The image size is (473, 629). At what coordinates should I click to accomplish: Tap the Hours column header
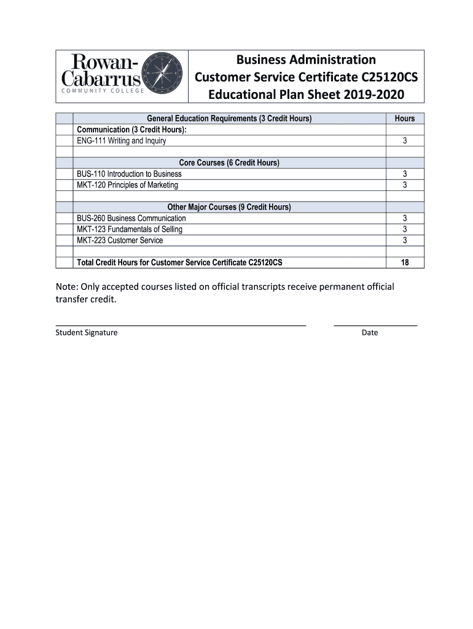point(405,119)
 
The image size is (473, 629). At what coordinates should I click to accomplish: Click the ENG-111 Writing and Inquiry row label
point(121,141)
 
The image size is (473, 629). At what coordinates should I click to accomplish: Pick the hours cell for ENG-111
point(405,141)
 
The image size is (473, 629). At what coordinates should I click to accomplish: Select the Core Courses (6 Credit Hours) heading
point(229,163)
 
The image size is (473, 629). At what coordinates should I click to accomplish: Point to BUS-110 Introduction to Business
point(129,174)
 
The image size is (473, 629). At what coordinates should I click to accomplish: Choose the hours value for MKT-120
point(405,185)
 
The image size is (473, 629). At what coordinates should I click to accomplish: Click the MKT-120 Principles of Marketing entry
point(127,185)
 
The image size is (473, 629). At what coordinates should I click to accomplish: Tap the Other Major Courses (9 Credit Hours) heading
point(229,207)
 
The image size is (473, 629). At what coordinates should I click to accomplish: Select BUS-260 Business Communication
point(131,218)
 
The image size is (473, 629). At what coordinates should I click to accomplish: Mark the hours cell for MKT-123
point(405,229)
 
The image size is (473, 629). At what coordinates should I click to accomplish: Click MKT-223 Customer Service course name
point(120,240)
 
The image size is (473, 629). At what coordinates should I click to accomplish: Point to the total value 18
point(405,263)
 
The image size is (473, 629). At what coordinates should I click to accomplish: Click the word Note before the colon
point(66,287)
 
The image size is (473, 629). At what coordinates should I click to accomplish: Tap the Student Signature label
point(87,333)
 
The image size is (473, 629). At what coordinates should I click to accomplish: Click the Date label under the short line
point(370,333)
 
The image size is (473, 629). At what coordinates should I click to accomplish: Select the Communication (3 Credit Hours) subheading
point(131,130)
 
